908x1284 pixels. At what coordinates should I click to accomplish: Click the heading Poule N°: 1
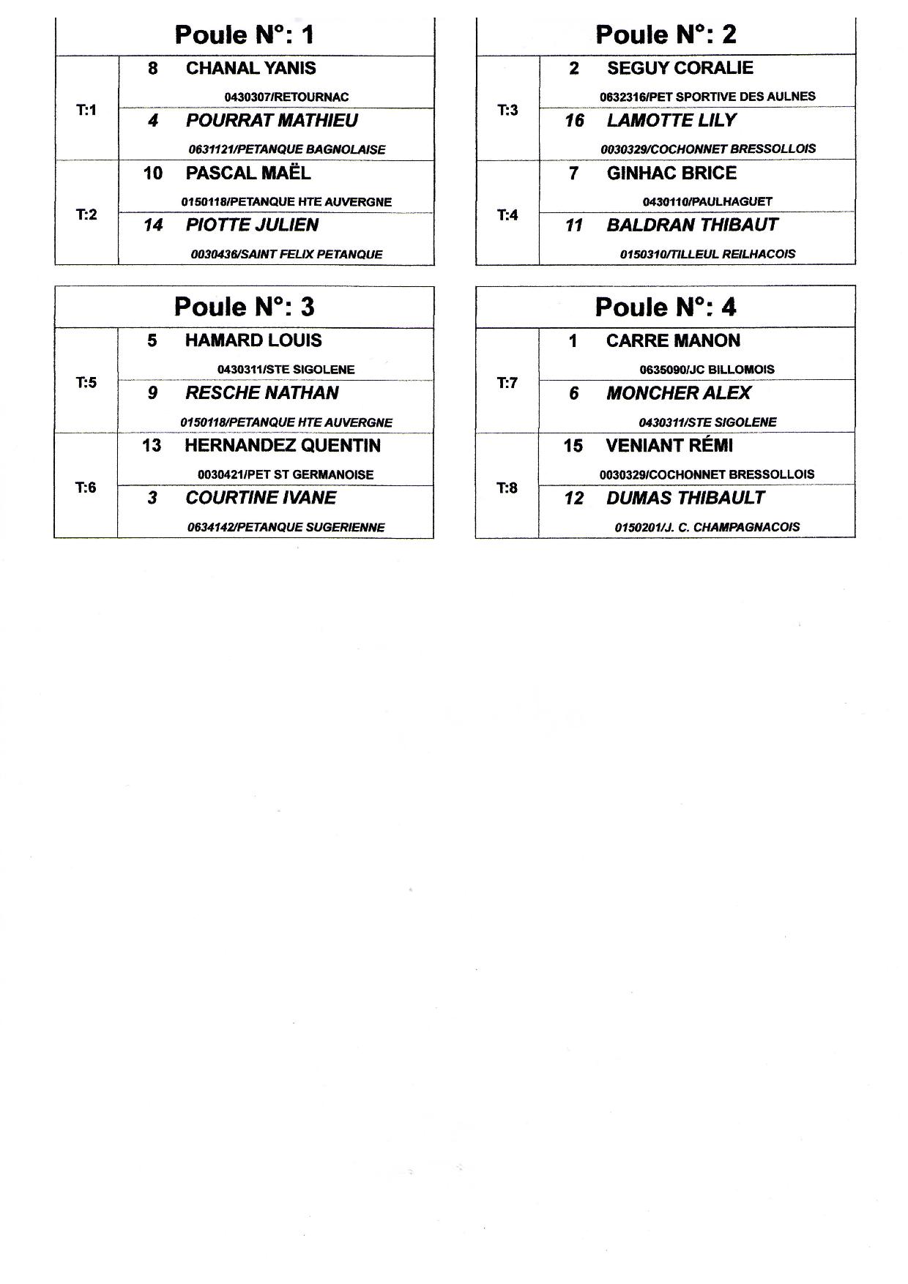pos(245,34)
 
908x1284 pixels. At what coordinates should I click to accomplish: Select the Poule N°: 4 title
pos(665,307)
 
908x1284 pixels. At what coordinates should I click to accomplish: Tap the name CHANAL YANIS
pos(250,68)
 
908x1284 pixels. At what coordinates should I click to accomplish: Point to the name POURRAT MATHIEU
pos(272,121)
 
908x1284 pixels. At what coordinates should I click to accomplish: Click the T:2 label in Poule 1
pos(86,214)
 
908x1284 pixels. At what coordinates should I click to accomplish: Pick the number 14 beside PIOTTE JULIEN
pos(152,225)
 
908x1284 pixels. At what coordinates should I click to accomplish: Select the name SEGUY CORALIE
pos(680,68)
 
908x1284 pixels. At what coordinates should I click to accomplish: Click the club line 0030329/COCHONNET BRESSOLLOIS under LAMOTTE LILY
pos(707,149)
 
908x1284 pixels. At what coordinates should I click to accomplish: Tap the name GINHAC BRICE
pos(671,173)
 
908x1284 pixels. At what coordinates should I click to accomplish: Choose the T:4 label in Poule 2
pos(507,214)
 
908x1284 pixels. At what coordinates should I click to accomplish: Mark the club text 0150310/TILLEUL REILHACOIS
pos(707,254)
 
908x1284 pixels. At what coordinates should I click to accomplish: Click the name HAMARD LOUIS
pos(253,340)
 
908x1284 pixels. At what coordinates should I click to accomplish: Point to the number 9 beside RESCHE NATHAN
pos(152,393)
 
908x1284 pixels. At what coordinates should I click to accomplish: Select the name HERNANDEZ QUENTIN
pos(283,446)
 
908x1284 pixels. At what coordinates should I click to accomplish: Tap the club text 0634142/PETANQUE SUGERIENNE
pos(286,527)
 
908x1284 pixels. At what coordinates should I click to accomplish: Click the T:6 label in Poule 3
pos(86,488)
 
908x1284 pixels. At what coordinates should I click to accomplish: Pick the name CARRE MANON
pos(673,340)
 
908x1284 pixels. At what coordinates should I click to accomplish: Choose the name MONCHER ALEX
pos(678,393)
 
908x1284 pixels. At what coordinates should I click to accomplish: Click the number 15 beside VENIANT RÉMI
pos(573,446)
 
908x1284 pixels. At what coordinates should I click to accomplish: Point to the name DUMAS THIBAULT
pos(685,498)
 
